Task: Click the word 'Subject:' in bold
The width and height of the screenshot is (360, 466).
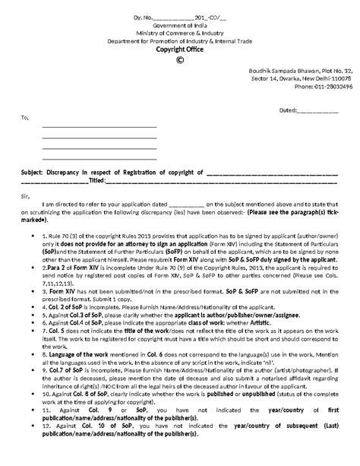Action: (x=33, y=173)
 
